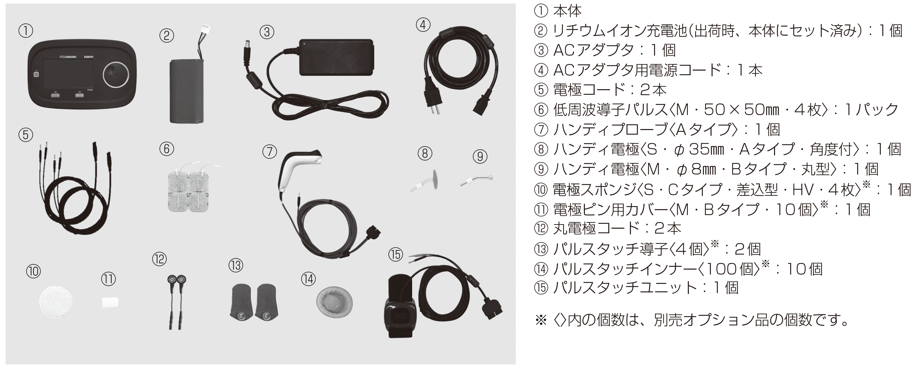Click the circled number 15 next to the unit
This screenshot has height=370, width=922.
click(x=395, y=255)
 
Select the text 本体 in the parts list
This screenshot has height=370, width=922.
click(x=567, y=11)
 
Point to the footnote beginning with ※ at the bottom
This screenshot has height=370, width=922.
click(x=691, y=320)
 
